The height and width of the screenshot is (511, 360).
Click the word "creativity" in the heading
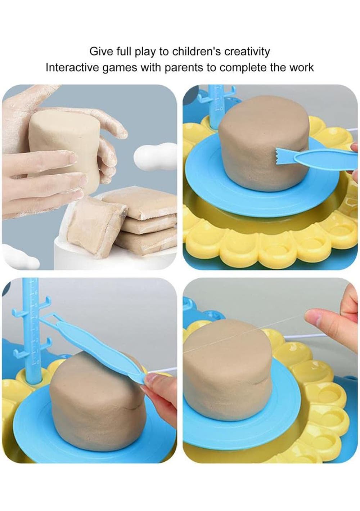point(247,51)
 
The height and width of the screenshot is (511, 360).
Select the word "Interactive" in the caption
point(72,67)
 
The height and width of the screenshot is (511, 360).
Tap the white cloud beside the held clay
point(155,156)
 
